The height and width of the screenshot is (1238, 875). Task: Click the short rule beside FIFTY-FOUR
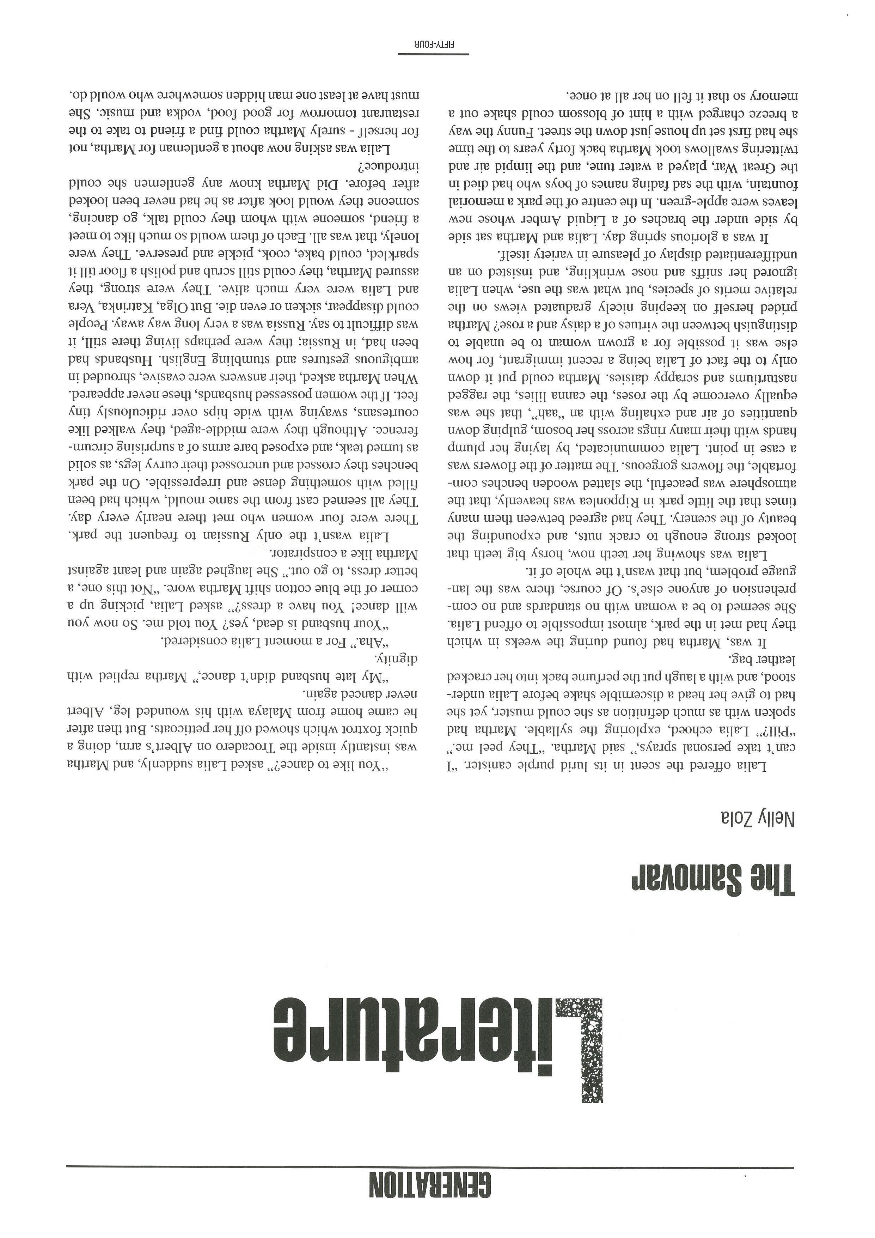pos(433,54)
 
